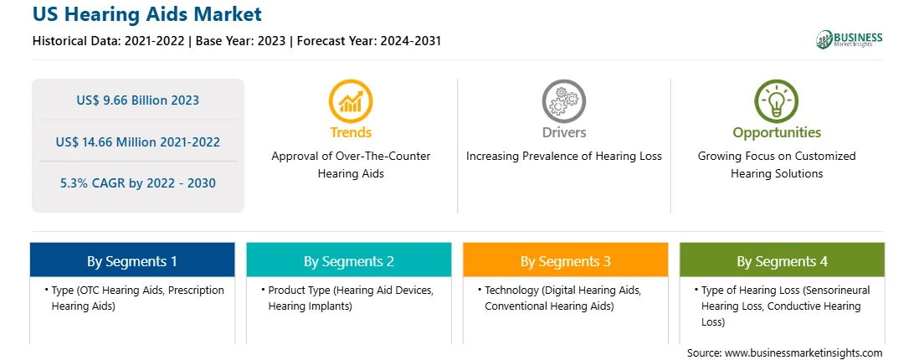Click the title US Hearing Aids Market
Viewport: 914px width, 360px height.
[x=147, y=14]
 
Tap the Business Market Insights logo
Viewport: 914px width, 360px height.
[x=849, y=39]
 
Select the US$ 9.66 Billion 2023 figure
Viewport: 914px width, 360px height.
[x=137, y=100]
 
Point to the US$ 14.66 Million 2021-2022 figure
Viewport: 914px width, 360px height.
[x=137, y=141]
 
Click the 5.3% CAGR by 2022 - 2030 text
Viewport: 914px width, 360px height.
[x=137, y=183]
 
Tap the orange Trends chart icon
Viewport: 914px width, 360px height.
[x=351, y=101]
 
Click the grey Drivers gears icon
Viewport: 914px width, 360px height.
[x=563, y=101]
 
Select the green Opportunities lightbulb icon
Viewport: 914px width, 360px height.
[x=777, y=101]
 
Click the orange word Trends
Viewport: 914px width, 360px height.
[x=351, y=132]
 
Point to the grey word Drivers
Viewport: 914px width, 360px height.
[x=563, y=132]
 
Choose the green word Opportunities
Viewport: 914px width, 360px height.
[x=777, y=133]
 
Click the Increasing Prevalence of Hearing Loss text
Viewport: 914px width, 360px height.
[x=563, y=157]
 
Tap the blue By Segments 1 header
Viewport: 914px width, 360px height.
[x=132, y=260]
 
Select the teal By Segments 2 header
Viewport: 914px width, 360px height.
[x=348, y=260]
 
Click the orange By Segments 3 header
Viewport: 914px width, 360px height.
[x=566, y=260]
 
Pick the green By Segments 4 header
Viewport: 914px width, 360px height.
[x=783, y=260]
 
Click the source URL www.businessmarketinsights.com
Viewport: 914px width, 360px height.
[x=804, y=353]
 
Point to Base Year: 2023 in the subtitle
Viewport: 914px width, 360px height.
[x=241, y=41]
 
